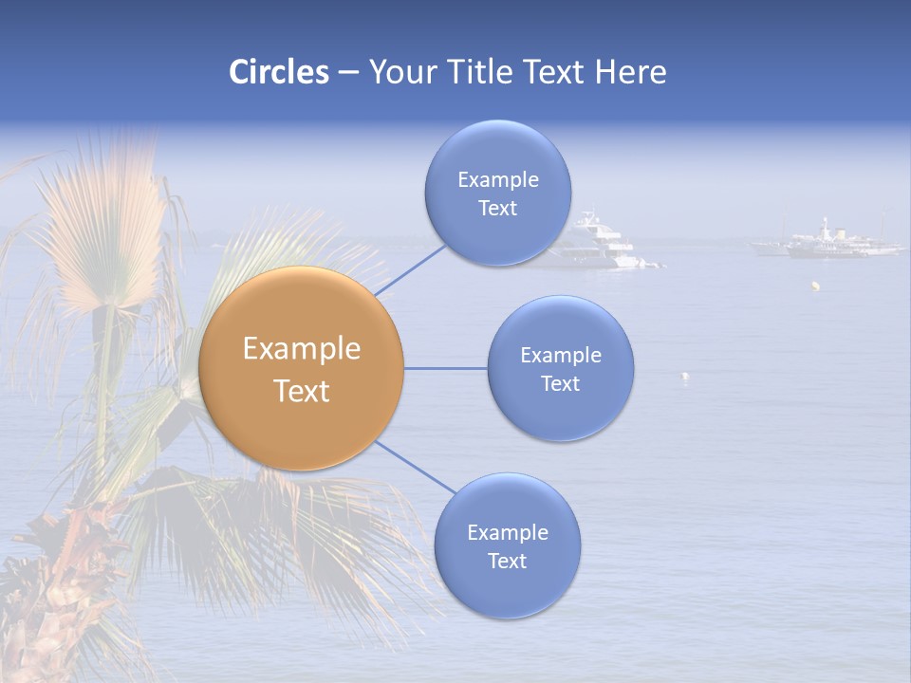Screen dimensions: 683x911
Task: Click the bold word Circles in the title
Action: point(278,72)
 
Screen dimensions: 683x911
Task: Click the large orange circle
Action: point(302,368)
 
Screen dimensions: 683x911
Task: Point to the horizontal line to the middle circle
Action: point(446,368)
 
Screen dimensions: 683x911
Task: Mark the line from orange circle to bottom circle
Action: point(416,468)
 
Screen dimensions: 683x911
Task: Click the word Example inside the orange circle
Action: point(302,349)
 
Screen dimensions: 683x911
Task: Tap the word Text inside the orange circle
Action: point(302,391)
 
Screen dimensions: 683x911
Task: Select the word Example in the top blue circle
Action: point(497,180)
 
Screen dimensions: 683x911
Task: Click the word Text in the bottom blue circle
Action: point(507,562)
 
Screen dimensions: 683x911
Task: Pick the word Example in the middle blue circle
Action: point(560,356)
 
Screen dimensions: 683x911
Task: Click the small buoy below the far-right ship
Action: point(814,285)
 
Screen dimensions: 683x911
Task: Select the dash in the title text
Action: point(348,73)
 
